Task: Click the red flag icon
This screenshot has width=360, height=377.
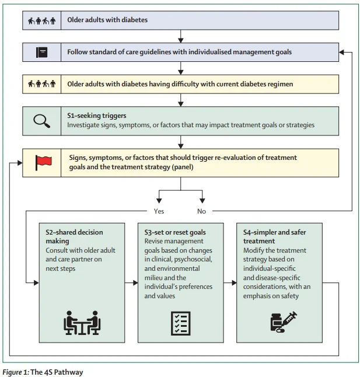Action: (43, 163)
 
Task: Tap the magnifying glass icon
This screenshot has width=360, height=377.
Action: (42, 121)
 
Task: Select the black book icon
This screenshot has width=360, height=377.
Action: (41, 52)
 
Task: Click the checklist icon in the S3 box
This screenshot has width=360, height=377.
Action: (181, 323)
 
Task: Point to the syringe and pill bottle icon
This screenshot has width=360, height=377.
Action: (284, 322)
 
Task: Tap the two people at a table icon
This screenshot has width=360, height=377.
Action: (82, 323)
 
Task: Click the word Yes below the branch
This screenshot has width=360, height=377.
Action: (159, 211)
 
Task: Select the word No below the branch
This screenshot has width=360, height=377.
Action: (201, 211)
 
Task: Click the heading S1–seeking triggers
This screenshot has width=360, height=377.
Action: (97, 116)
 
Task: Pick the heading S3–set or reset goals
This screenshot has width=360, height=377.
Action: (175, 232)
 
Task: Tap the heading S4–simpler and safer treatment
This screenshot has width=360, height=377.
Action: (274, 236)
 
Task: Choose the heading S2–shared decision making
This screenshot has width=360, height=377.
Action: (74, 236)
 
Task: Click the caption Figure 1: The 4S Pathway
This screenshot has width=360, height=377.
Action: (43, 372)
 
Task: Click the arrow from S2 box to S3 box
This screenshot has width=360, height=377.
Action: (131, 282)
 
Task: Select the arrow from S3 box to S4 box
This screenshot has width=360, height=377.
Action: (230, 282)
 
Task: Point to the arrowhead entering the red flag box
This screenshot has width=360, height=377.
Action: (20, 163)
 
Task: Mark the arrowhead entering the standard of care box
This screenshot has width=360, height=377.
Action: (341, 52)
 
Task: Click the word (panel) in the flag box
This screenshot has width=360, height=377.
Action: (183, 167)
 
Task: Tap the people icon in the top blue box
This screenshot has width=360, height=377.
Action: (41, 21)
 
